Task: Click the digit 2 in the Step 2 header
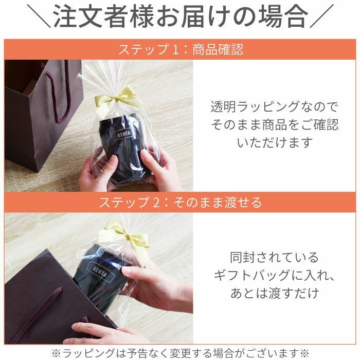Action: [156, 202]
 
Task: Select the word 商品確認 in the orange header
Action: [218, 50]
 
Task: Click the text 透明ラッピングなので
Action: [275, 107]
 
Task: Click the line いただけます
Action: [275, 142]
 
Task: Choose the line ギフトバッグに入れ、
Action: [274, 275]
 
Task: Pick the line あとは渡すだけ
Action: [274, 294]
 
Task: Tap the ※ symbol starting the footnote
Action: [56, 352]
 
